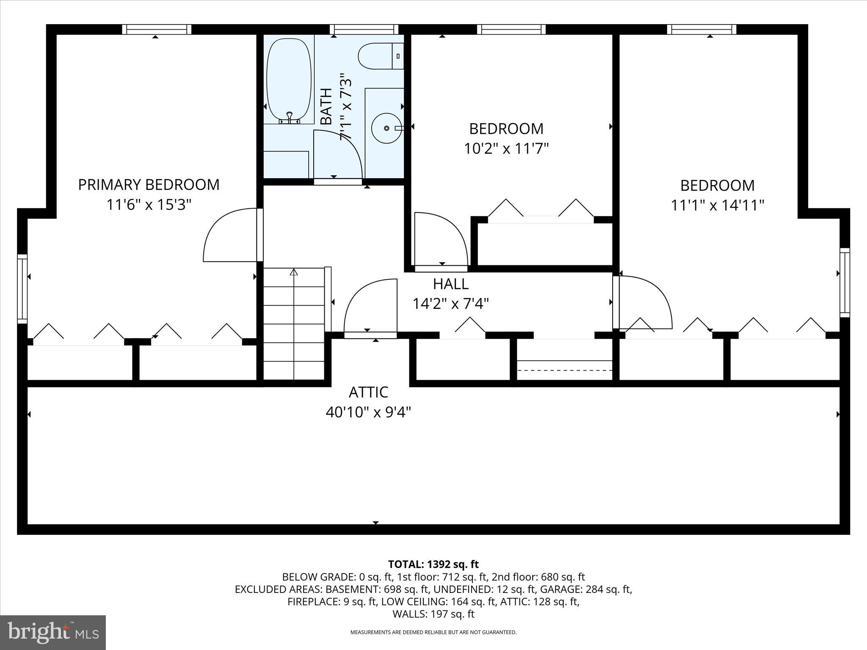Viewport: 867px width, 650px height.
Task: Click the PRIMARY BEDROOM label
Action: point(149,185)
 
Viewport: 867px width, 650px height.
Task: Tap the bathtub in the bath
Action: point(289,79)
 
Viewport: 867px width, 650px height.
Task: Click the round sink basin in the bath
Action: point(386,128)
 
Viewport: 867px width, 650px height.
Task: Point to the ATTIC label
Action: point(368,392)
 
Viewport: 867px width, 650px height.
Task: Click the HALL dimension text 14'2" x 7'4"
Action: point(451,303)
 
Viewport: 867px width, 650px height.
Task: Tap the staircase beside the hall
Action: point(294,324)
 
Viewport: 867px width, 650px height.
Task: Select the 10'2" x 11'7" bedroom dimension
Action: point(506,149)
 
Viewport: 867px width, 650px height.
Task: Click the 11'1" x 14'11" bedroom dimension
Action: point(717,206)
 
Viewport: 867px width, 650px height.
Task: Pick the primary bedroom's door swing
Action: point(231,235)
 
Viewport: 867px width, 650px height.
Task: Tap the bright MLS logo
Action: point(53,632)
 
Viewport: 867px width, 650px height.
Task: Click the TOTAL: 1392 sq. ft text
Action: point(433,564)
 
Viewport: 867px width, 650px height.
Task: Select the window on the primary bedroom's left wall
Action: point(22,289)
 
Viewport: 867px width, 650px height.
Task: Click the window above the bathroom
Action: point(364,29)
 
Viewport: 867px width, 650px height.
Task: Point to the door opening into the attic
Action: point(370,309)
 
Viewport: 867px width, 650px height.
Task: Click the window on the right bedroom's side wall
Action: point(845,282)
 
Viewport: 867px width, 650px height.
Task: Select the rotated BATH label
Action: point(326,107)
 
